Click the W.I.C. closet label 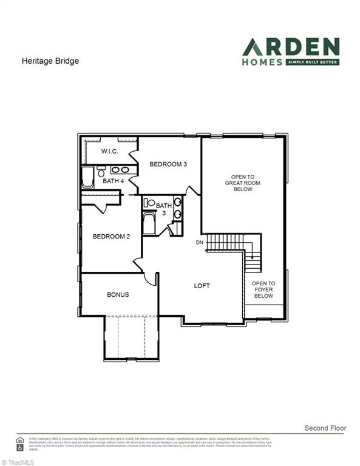pyautogui.click(x=109, y=151)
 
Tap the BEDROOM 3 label pyautogui.click(x=168, y=164)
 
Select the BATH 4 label pyautogui.click(x=113, y=181)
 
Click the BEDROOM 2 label pyautogui.click(x=111, y=237)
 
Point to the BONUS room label pyautogui.click(x=118, y=295)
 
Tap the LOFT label pyautogui.click(x=202, y=286)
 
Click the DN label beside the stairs pyautogui.click(x=199, y=243)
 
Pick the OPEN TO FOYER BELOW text pyautogui.click(x=263, y=289)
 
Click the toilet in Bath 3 pyautogui.click(x=149, y=203)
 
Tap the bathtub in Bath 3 pyautogui.click(x=149, y=224)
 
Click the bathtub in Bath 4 pyautogui.click(x=88, y=178)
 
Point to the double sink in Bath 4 pyautogui.click(x=120, y=170)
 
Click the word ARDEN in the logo pyautogui.click(x=291, y=47)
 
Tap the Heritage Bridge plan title pyautogui.click(x=50, y=61)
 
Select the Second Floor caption pyautogui.click(x=325, y=428)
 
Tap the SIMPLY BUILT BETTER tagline pyautogui.click(x=312, y=62)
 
